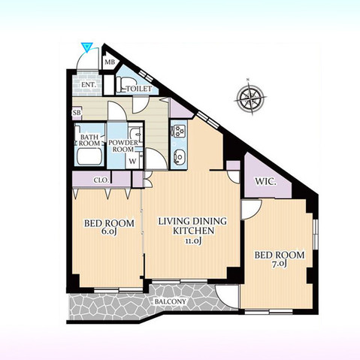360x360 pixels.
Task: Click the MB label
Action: [x=109, y=63]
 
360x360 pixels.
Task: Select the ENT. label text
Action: [x=88, y=85]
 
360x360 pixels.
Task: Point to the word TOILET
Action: [x=140, y=89]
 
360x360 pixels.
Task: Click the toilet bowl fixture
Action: [x=129, y=78]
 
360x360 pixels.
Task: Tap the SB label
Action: [x=77, y=113]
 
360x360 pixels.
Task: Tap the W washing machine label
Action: [x=132, y=161]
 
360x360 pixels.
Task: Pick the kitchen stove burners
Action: [x=179, y=133]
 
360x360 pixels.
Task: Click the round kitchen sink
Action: [x=178, y=157]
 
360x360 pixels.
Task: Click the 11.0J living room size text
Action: [x=186, y=242]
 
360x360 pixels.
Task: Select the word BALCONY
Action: [x=171, y=302]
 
